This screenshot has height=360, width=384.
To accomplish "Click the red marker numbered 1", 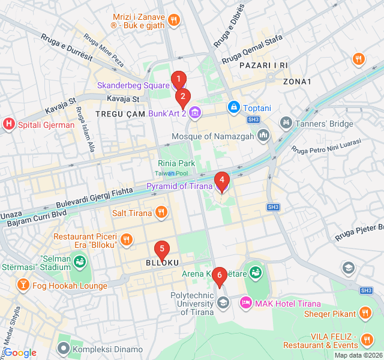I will (178, 79).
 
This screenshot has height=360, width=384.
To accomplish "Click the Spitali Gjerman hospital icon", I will (9, 125).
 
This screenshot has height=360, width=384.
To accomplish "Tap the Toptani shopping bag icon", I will (233, 107).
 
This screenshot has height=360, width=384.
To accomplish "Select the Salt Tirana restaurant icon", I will (161, 212).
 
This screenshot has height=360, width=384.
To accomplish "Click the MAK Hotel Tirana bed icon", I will (245, 304).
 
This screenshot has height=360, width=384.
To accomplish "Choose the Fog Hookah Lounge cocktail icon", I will (22, 286).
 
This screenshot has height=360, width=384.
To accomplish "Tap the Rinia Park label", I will (176, 163).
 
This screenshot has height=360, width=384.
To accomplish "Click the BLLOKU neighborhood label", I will (162, 263).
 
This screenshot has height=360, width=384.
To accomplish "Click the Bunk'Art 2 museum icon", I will (194, 112).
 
